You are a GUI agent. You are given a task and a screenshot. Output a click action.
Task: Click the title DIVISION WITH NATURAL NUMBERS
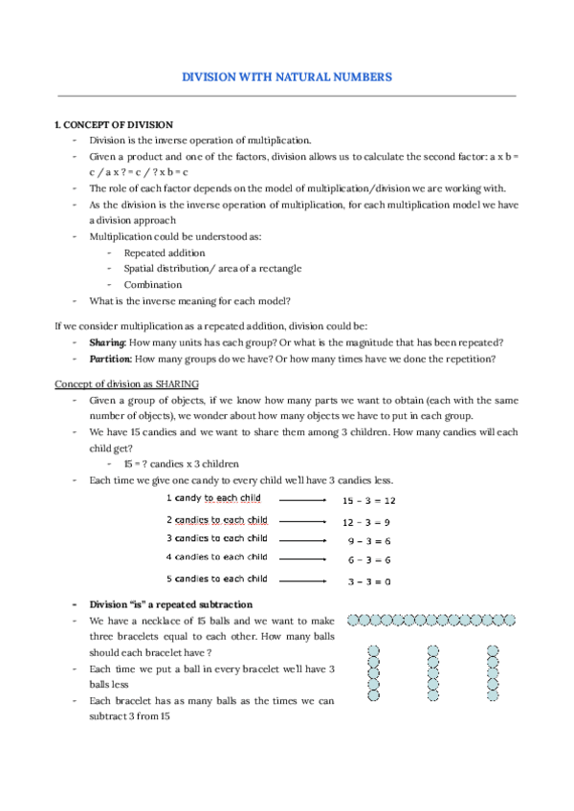[287, 77]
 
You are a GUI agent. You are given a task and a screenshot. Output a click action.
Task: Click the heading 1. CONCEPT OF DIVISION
[114, 125]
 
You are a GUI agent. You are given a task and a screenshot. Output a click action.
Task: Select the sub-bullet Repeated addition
[165, 252]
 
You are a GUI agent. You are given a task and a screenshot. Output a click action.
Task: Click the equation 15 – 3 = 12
[368, 500]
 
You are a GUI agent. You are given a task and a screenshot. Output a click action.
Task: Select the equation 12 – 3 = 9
[367, 522]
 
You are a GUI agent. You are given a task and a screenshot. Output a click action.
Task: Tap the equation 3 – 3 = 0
[367, 581]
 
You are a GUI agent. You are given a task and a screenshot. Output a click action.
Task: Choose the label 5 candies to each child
[216, 579]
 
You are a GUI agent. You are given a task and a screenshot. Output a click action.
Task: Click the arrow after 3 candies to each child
[305, 539]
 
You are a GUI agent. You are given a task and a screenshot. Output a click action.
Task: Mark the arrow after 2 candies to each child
[305, 521]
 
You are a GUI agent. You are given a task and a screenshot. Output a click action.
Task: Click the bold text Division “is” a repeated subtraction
[170, 604]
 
